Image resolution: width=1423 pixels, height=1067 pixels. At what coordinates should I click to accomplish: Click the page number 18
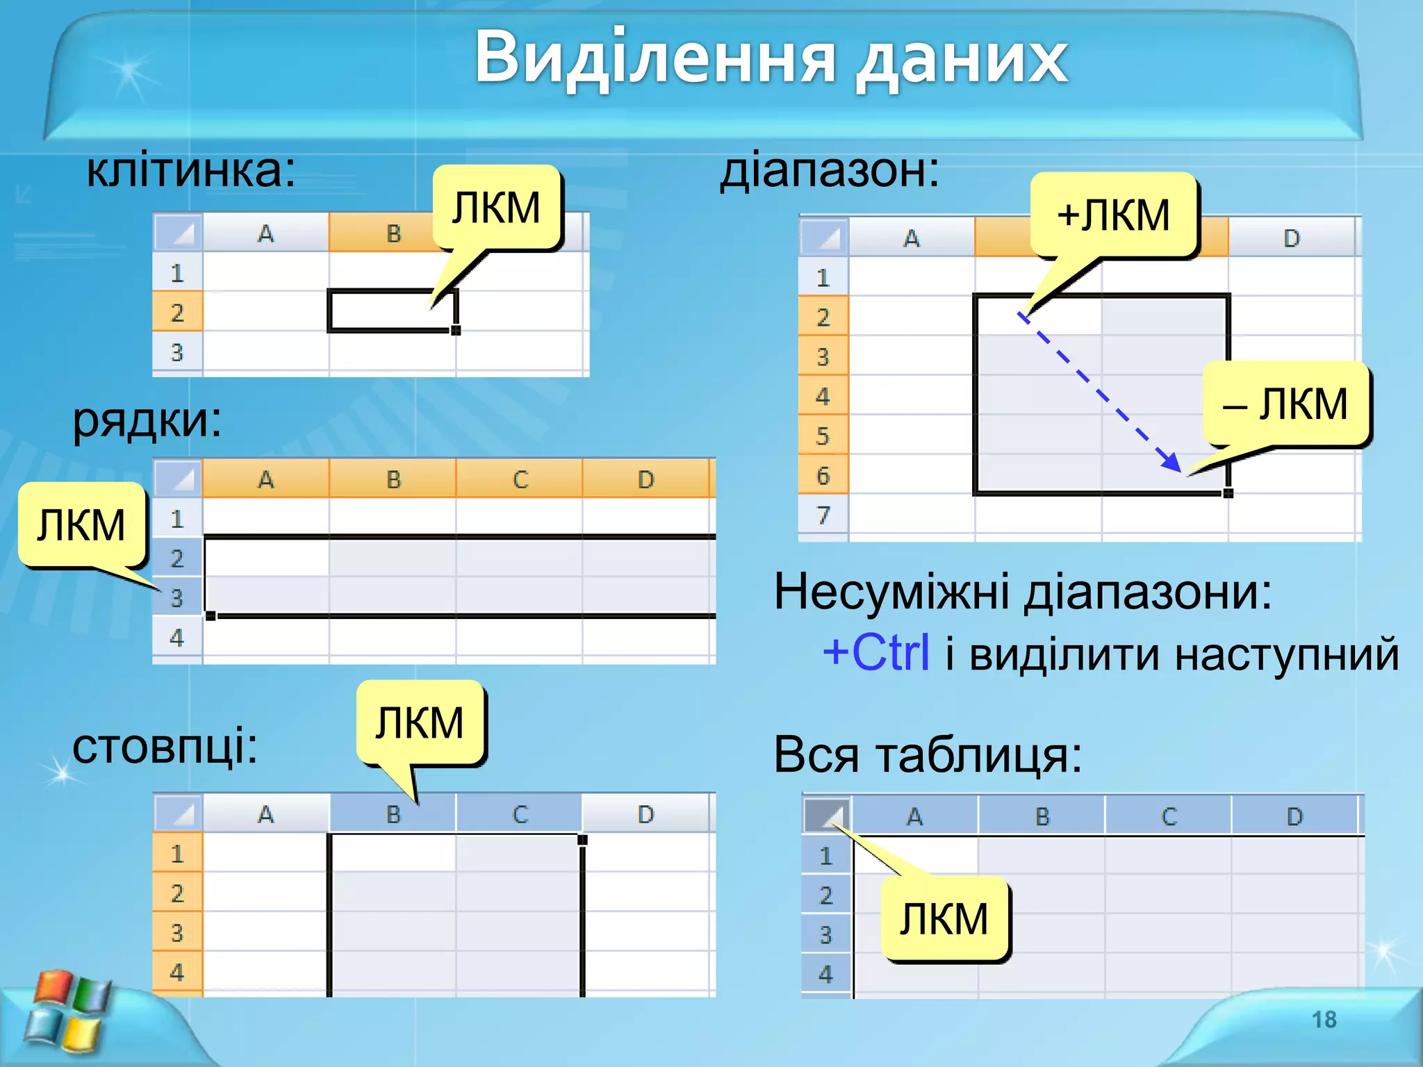click(x=1324, y=1019)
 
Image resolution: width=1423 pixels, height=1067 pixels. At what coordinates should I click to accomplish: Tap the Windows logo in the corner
click(x=66, y=1010)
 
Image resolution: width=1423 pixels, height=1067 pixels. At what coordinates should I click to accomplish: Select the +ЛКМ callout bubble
click(x=1113, y=215)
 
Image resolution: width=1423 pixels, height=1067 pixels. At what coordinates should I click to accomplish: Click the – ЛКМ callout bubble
click(x=1285, y=404)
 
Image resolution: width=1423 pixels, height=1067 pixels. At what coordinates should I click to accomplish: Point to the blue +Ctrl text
click(x=875, y=653)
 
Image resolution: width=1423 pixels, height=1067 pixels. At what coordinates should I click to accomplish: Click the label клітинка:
click(x=190, y=171)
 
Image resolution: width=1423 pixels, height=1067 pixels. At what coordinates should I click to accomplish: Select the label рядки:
click(x=147, y=420)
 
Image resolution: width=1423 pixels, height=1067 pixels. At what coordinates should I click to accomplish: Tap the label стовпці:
click(x=165, y=747)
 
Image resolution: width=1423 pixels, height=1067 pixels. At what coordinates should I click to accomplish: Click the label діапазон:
click(x=829, y=171)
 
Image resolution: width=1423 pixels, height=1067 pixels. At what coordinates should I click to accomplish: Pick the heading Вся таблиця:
click(x=928, y=755)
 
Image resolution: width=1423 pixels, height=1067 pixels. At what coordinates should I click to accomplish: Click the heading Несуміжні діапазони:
click(x=1022, y=593)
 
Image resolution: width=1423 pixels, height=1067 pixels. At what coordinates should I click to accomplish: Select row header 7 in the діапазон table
click(x=823, y=515)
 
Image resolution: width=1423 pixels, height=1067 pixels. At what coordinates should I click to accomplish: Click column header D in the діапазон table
click(x=1291, y=238)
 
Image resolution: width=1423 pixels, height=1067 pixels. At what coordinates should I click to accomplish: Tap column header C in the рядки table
click(x=520, y=479)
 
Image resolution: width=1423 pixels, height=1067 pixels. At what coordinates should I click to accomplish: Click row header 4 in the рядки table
click(x=177, y=638)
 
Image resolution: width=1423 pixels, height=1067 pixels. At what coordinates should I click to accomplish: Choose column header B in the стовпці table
click(x=393, y=814)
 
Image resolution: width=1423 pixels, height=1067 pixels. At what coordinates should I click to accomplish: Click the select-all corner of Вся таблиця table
click(x=827, y=815)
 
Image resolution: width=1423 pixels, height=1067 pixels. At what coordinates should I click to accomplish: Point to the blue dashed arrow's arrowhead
click(x=1172, y=463)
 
